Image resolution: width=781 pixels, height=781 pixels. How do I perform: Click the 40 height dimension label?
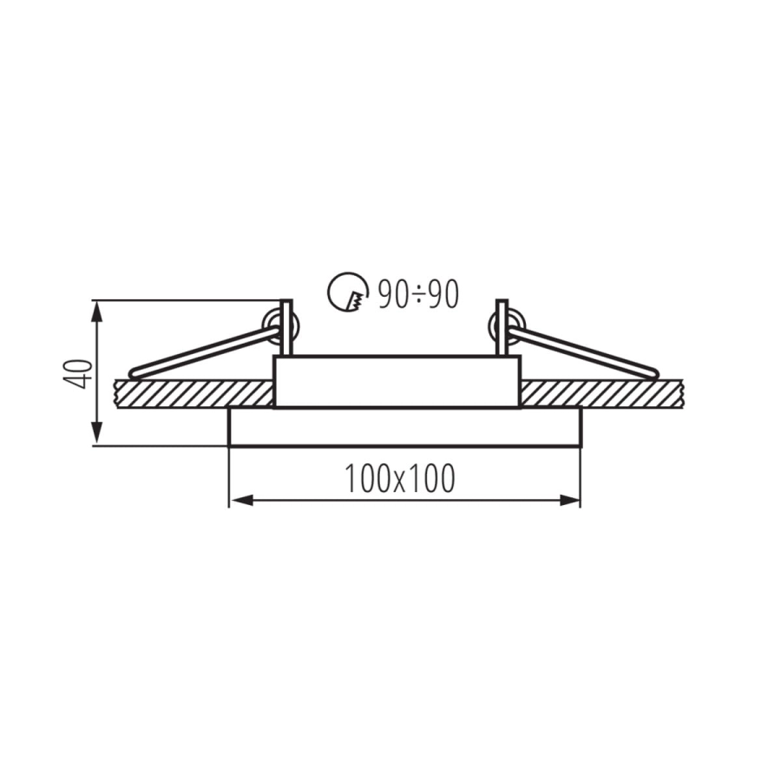(x=78, y=373)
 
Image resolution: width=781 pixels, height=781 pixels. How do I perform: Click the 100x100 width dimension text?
(x=399, y=478)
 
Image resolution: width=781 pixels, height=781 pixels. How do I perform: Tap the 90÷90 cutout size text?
(x=418, y=294)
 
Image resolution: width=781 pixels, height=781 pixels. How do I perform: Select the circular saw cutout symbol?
(x=348, y=292)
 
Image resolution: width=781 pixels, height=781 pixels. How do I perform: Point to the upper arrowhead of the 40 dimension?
(x=97, y=312)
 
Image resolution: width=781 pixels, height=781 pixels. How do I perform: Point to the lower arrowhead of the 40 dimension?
(x=97, y=433)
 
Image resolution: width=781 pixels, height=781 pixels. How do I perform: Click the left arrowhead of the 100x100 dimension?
(x=242, y=501)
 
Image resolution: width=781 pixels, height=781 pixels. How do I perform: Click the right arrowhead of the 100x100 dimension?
(x=568, y=501)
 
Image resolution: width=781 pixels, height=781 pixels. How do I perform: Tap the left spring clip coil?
(x=280, y=327)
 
